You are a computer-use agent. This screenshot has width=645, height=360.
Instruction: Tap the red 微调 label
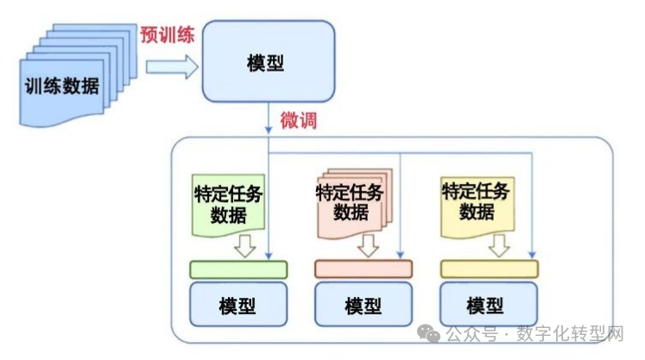point(299,120)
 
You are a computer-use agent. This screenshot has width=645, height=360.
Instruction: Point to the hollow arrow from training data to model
point(171,67)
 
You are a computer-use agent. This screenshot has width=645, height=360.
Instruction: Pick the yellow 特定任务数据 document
point(477,201)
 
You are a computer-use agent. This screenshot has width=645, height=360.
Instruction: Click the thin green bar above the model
point(238,268)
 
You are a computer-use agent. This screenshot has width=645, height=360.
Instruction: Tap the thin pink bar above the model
point(363,268)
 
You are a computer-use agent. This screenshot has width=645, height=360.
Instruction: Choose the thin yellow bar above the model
point(489,268)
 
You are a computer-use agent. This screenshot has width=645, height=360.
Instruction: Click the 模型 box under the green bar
point(238,305)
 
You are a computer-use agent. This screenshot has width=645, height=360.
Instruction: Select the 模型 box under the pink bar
point(363,305)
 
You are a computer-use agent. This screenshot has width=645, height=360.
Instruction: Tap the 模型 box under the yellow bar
point(485,305)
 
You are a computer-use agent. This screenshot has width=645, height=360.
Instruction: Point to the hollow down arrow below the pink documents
point(370,247)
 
